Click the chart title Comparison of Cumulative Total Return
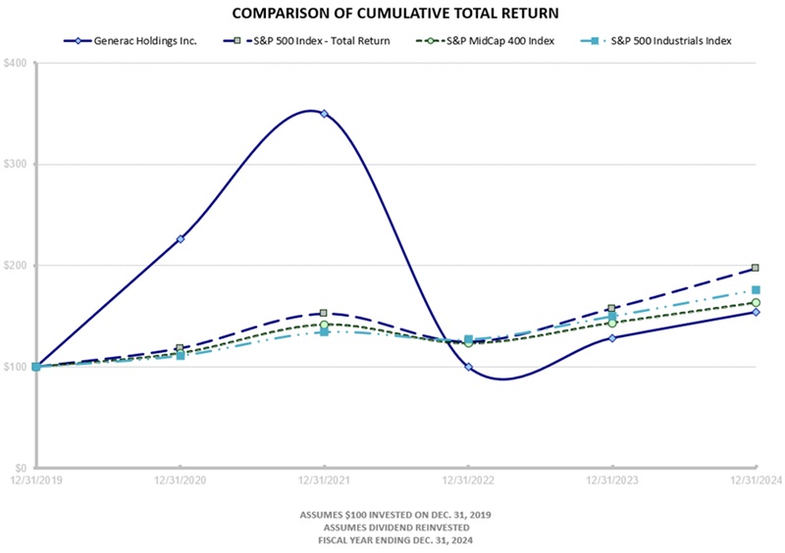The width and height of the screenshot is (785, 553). [x=392, y=15]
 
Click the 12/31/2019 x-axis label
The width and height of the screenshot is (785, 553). [x=35, y=480]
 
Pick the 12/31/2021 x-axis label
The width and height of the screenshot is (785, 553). [x=324, y=480]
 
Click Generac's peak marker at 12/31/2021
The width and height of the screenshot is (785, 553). [x=324, y=114]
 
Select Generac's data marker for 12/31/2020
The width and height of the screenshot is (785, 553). [x=181, y=238]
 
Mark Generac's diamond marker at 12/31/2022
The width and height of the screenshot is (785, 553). [x=469, y=367]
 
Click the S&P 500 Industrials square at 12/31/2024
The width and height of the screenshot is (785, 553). [x=756, y=290]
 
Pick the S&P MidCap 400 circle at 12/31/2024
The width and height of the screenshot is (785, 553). [x=756, y=303]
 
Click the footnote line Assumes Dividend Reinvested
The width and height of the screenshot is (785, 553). [x=392, y=528]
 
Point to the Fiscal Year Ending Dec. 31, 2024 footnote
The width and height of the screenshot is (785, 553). [x=392, y=540]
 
